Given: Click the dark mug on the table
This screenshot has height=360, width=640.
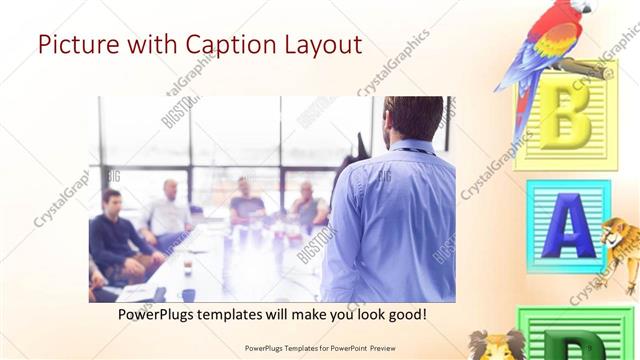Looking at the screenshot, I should [x=188, y=294].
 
